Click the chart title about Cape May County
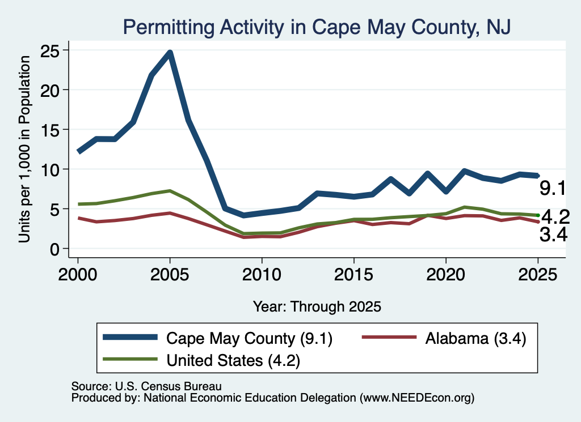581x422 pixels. [317, 27]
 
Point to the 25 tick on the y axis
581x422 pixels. [50, 51]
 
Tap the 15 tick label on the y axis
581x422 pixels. [50, 130]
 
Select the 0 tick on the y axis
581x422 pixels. [55, 249]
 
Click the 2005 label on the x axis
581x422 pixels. [170, 275]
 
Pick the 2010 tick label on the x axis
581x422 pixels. [262, 275]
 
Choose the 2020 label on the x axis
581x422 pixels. [446, 275]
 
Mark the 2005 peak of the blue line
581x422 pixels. [170, 53]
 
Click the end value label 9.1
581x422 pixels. [553, 188]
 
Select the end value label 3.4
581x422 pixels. [553, 235]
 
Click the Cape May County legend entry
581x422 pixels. [217, 338]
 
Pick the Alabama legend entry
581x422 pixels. [444, 338]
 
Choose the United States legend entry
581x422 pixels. [201, 360]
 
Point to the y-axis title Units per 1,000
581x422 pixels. [24, 149]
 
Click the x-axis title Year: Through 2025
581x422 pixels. [317, 306]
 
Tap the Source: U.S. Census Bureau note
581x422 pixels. [146, 386]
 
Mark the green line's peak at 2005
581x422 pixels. [170, 191]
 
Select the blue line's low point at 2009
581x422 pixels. [243, 215]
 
